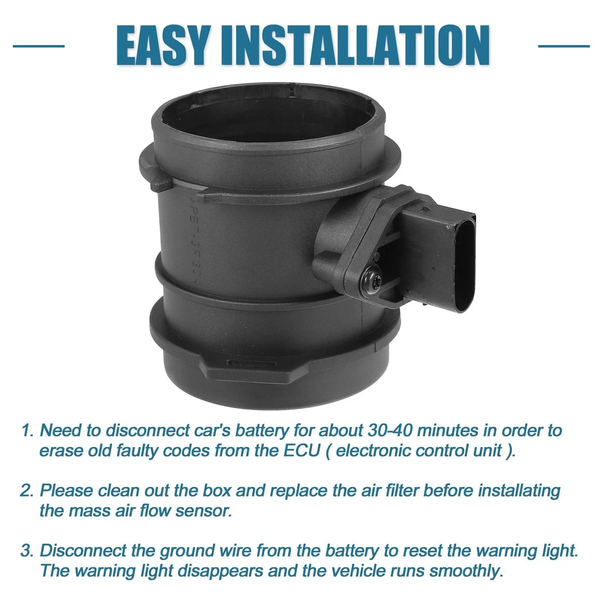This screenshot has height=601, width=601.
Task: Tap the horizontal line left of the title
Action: [39, 46]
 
